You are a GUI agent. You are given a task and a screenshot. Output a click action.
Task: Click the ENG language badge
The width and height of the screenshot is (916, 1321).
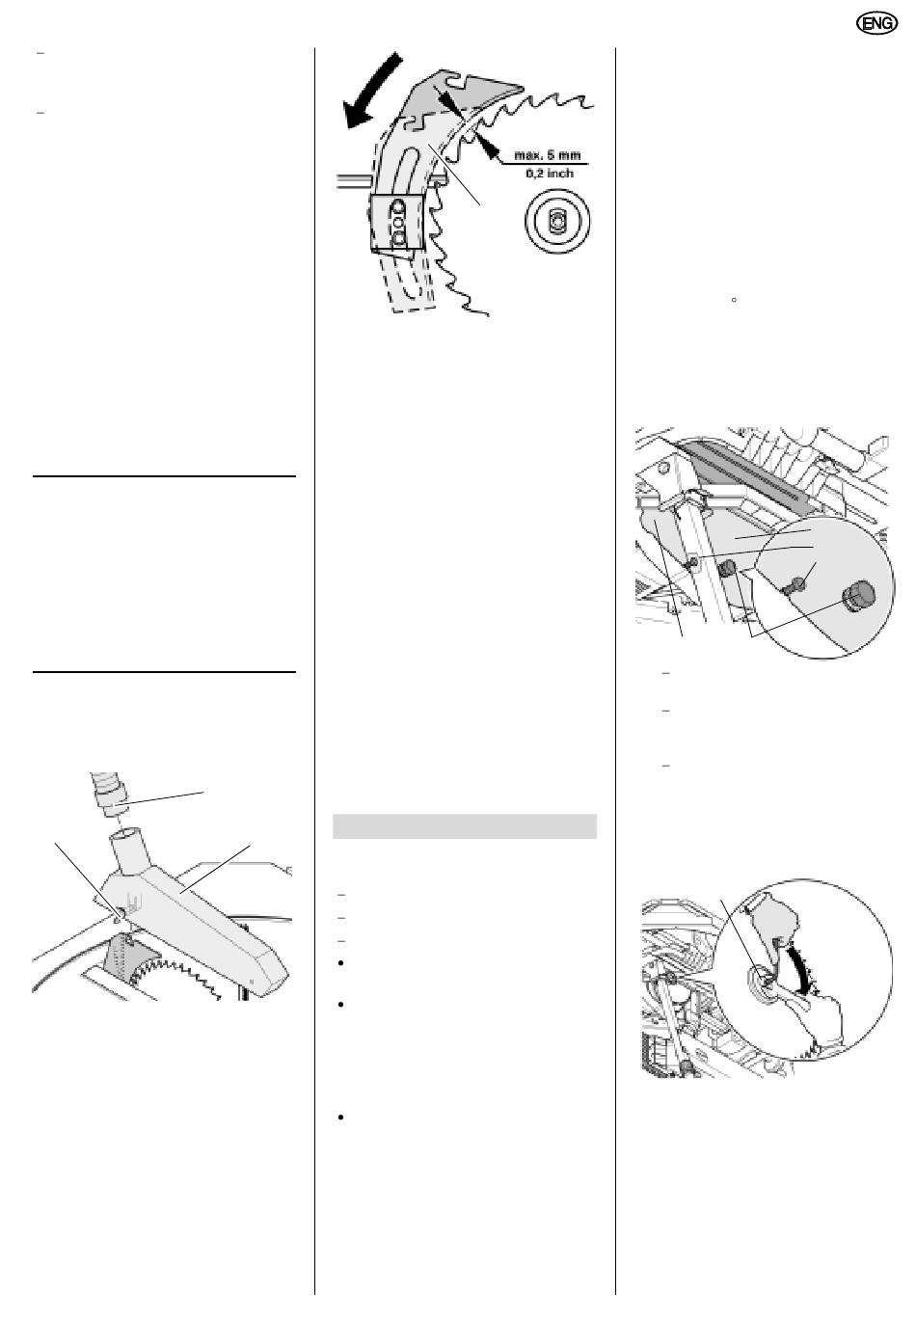(876, 23)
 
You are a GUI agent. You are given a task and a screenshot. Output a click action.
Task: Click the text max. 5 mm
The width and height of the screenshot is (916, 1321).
(548, 155)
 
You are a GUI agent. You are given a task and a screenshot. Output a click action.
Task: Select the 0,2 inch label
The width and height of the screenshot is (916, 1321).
(550, 174)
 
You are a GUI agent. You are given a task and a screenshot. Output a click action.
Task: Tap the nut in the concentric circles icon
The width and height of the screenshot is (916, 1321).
(556, 221)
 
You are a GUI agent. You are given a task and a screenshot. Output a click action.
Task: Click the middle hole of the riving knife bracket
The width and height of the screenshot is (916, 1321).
(397, 223)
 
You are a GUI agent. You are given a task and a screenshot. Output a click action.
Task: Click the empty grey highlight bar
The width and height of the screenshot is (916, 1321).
(465, 825)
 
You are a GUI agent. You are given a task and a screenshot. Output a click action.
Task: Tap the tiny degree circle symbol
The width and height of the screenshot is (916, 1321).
(734, 300)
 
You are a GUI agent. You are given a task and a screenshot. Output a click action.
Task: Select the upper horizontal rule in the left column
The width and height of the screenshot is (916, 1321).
(163, 475)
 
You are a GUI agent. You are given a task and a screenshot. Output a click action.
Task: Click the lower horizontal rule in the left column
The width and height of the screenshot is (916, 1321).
(163, 671)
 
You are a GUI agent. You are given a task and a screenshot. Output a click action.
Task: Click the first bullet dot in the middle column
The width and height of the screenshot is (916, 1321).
(341, 963)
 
